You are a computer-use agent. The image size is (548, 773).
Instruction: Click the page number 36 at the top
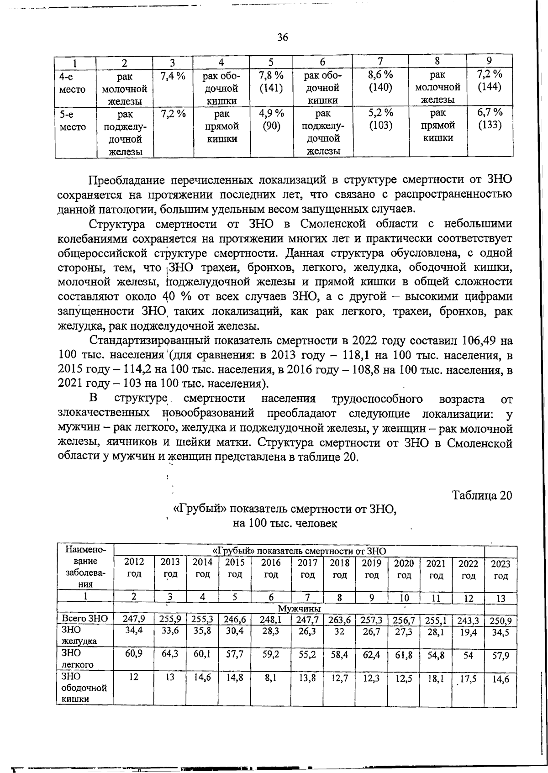coord(283,38)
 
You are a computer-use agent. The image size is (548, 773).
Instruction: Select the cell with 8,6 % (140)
coord(381,81)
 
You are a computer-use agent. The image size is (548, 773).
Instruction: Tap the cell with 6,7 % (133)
coord(490,119)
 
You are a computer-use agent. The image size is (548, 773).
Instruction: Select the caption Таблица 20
coord(482,495)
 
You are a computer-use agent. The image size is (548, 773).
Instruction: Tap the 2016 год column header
coord(271,568)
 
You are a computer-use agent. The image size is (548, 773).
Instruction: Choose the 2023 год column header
coord(501,570)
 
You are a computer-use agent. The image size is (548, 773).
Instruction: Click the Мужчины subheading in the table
coord(299,609)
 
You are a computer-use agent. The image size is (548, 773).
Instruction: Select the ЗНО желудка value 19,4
coord(468,632)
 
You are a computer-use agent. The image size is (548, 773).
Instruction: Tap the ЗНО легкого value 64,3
coord(170,654)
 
